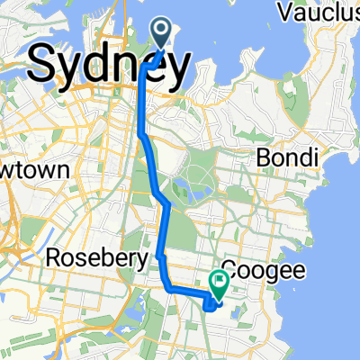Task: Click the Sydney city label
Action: [x=110, y=65]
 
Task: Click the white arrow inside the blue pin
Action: [x=163, y=31]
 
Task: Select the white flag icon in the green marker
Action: [x=219, y=281]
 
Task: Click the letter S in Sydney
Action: [x=45, y=65]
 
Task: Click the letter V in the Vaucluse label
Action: [x=286, y=13]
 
